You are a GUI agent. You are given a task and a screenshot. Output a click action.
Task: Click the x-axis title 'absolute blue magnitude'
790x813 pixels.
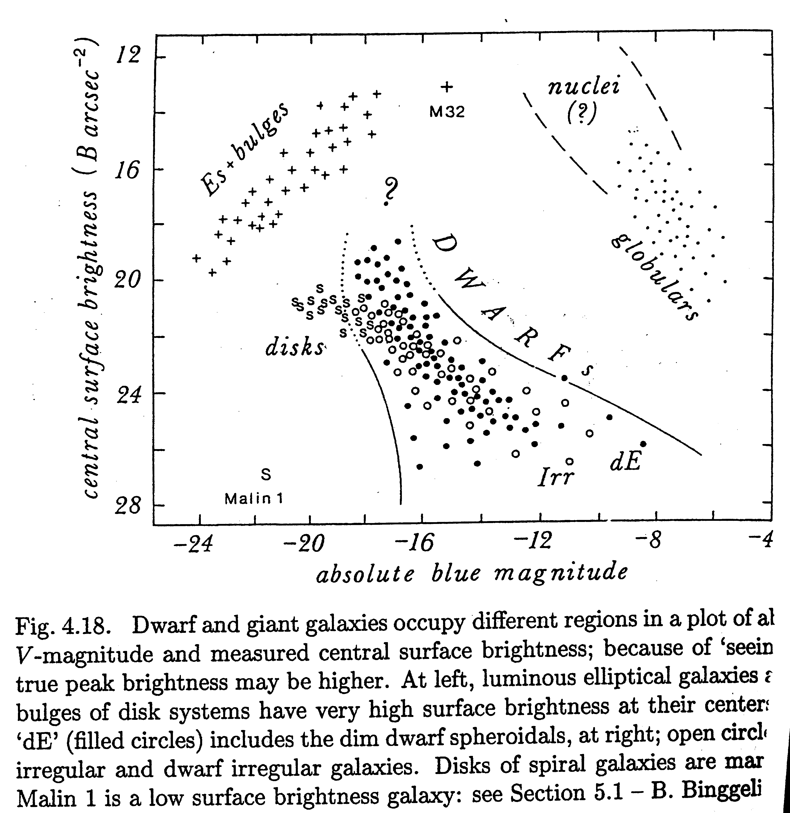472,574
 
